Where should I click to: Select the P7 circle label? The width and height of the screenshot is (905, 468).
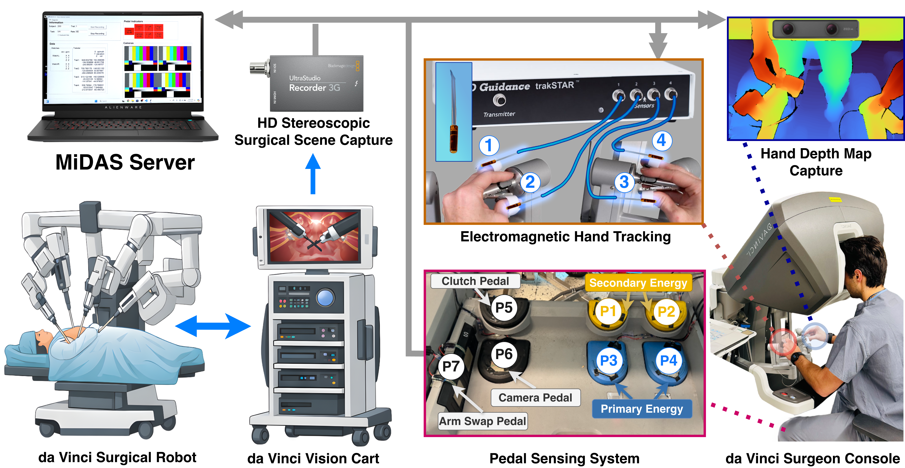pyautogui.click(x=451, y=366)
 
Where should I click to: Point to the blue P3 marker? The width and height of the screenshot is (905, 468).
pyautogui.click(x=608, y=360)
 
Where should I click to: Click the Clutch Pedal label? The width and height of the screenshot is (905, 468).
pyautogui.click(x=475, y=281)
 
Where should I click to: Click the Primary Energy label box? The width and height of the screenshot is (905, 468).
pyautogui.click(x=642, y=409)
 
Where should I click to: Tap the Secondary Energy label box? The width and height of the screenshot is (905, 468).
pyautogui.click(x=638, y=283)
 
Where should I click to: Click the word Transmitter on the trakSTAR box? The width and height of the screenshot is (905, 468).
pyautogui.click(x=499, y=114)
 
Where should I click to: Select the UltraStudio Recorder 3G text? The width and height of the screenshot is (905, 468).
pyautogui.click(x=314, y=83)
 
